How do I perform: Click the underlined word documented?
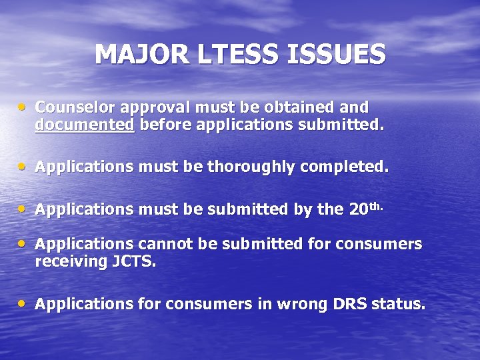[x=85, y=125]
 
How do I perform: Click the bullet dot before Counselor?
[x=24, y=107]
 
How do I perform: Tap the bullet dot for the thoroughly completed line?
[x=24, y=167]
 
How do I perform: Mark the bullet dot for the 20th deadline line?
[x=24, y=209]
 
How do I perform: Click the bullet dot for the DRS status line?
[x=24, y=304]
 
